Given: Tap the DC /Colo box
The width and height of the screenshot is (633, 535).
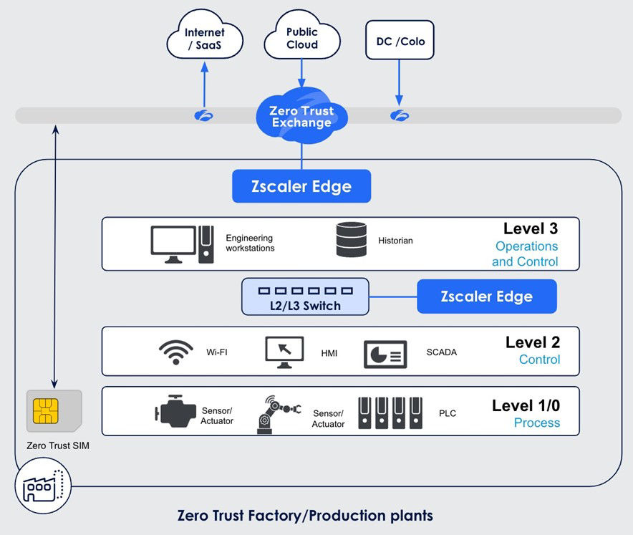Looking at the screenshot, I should pos(400,42).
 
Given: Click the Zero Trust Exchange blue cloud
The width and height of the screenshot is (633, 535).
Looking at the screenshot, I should pos(301,117).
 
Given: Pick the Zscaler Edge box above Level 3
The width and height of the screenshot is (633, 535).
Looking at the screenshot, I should pos(301,186).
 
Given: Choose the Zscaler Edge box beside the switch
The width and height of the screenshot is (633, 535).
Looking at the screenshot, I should pos(486,297).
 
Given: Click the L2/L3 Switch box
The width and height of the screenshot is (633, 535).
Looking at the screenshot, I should pos(305,297).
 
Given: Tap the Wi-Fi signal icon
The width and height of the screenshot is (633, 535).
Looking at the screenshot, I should pos(175,352).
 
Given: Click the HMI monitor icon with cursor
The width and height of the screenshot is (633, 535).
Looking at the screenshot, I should pos(284,352).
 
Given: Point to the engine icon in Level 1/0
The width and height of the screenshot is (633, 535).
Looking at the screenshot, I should pos(175,412).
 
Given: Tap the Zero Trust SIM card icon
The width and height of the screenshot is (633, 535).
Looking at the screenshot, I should pos(54,411).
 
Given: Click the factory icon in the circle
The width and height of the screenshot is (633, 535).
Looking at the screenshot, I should pos(42,486).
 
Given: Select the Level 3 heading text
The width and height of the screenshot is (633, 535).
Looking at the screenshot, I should pos(530,228).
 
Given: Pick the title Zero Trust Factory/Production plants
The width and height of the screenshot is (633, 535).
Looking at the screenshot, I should pos(304,516).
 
